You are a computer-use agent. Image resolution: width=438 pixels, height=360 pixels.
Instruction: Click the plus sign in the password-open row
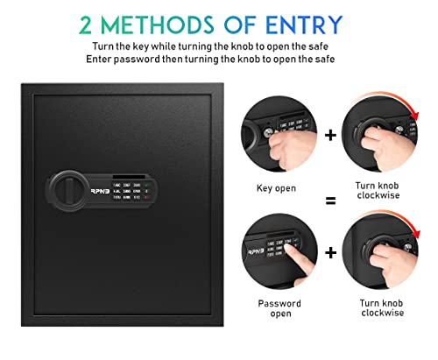pos(328,253)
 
